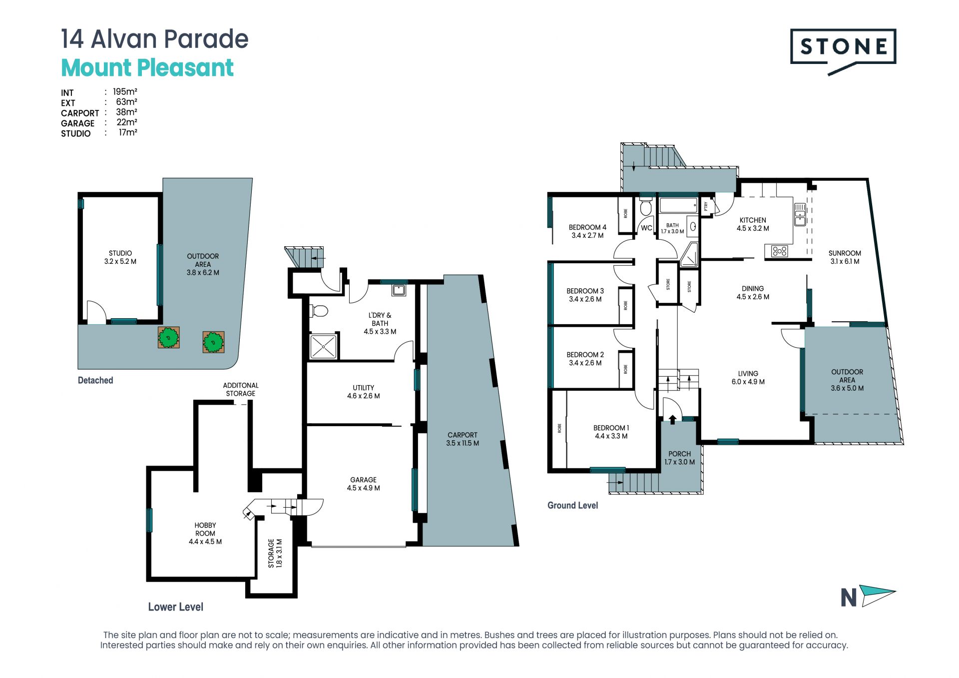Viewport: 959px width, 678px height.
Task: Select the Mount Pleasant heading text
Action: tap(147, 68)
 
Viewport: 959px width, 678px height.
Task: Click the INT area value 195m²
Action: tap(125, 91)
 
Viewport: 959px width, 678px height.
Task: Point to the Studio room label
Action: tap(120, 257)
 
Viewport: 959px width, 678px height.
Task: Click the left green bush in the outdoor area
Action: tap(169, 338)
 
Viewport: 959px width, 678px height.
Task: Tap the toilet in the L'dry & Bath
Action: tap(319, 311)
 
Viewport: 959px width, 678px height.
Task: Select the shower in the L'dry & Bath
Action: tap(323, 346)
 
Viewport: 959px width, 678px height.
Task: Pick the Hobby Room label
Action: tap(205, 533)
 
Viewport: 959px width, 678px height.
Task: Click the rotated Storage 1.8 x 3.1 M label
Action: tap(275, 553)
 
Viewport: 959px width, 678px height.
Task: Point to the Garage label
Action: tap(364, 484)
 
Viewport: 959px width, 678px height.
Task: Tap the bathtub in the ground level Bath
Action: tap(678, 205)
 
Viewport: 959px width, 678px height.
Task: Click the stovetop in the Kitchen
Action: tap(779, 251)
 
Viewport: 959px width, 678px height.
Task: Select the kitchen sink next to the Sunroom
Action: tap(800, 214)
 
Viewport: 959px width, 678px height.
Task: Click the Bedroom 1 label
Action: tap(611, 432)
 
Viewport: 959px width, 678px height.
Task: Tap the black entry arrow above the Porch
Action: tap(672, 419)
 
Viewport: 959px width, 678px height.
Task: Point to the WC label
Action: tap(646, 228)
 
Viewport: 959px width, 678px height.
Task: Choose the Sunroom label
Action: tap(845, 257)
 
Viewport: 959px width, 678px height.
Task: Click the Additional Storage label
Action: tap(241, 389)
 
